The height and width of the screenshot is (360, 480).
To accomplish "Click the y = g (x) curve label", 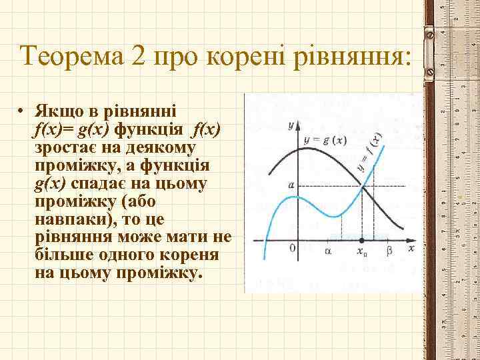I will pos(324,141).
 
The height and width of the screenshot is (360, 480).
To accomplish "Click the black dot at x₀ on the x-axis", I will pos(361,240).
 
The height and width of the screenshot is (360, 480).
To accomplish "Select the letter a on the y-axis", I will pos(291,183).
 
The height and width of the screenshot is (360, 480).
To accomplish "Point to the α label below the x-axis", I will pos(327,251).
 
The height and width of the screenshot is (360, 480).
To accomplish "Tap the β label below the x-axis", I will pos(390,251).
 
